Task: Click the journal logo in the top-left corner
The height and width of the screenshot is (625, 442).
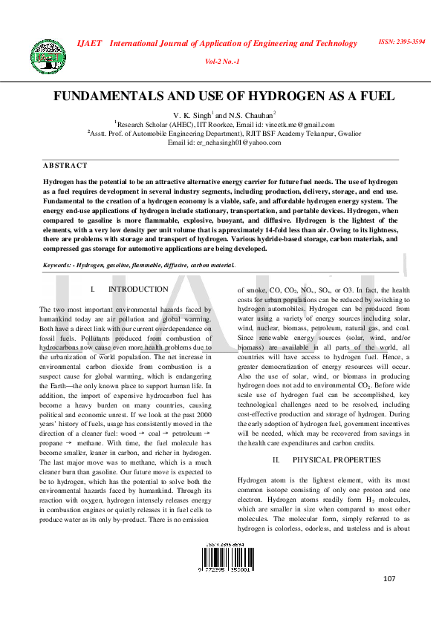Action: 48,54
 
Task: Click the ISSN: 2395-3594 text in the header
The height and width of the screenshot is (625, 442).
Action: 402,42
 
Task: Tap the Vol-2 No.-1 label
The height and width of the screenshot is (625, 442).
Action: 221,61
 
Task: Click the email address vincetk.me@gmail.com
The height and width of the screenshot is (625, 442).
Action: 299,125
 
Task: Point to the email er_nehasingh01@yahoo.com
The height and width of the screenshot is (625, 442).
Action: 237,143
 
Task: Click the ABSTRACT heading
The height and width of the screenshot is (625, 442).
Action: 65,166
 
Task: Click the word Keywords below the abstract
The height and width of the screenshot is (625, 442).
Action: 57,265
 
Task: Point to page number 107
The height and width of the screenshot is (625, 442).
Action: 390,578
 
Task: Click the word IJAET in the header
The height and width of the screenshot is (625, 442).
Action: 90,43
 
